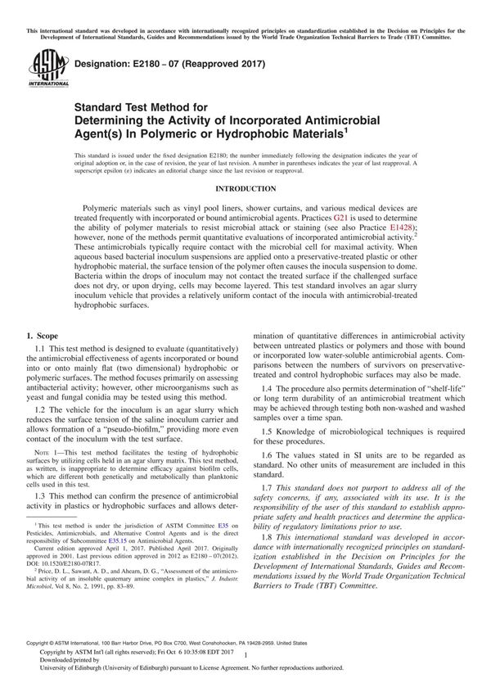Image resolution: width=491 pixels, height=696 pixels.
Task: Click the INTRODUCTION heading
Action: (245, 187)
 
